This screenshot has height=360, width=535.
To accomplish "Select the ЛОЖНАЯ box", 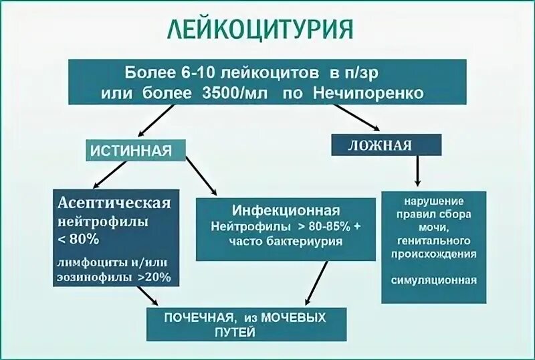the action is [387, 145].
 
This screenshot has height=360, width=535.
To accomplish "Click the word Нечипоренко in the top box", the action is [368, 93].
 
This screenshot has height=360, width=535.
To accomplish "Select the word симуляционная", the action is [434, 280].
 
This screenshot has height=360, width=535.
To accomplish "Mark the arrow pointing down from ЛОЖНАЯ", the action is [417, 171].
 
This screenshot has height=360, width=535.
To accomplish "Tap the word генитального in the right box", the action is [434, 240].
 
